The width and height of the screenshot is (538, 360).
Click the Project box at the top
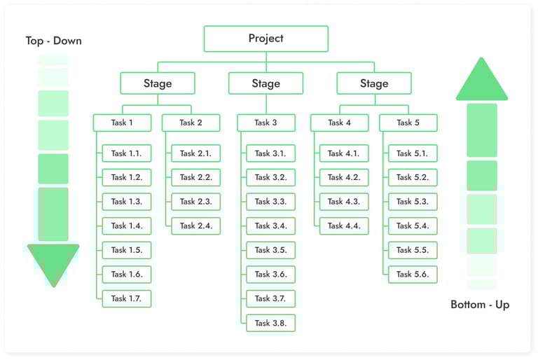pyautogui.click(x=265, y=39)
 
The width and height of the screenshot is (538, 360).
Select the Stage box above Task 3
pyautogui.click(x=265, y=83)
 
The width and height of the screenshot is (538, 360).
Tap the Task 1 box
pyautogui.click(x=122, y=123)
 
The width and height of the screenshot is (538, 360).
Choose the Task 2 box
pyautogui.click(x=191, y=123)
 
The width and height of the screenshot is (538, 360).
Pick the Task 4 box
pyautogui.click(x=339, y=123)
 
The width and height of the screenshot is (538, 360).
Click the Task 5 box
pyautogui.click(x=408, y=123)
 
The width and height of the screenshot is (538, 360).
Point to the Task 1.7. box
pyautogui.click(x=126, y=298)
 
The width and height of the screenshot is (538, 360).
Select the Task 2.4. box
pyautogui.click(x=195, y=226)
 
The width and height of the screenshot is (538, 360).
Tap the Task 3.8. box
pyautogui.click(x=270, y=323)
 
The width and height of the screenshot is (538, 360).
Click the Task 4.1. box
pyautogui.click(x=343, y=153)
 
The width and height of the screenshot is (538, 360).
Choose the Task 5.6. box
pyautogui.click(x=412, y=274)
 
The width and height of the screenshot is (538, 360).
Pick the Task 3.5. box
pyautogui.click(x=270, y=250)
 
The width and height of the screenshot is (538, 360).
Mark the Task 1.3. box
pyautogui.click(x=126, y=202)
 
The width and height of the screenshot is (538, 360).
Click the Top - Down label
pyautogui.click(x=53, y=41)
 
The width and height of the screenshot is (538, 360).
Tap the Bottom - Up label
pyautogui.click(x=480, y=305)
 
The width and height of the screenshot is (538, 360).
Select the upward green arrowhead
pyautogui.click(x=481, y=80)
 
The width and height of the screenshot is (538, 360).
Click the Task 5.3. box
pyautogui.click(x=412, y=202)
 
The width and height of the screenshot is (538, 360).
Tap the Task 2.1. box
pyautogui.click(x=195, y=153)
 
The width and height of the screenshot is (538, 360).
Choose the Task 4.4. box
pyautogui.click(x=343, y=226)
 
